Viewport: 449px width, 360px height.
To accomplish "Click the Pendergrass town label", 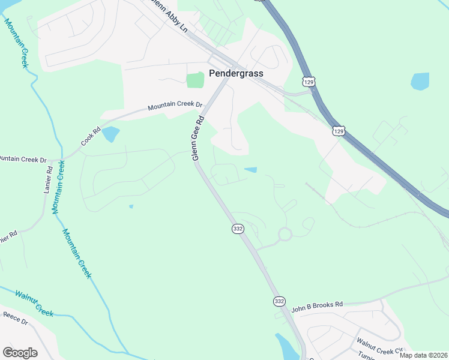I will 236,73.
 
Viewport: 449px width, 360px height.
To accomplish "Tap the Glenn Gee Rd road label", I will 197,137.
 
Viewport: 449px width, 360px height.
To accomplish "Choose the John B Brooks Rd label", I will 316,307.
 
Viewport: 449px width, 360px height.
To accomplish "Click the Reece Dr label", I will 16,317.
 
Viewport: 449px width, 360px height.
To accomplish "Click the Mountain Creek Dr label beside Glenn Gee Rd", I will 176,107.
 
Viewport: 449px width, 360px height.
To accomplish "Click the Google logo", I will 20,352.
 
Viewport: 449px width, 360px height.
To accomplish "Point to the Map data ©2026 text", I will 423,355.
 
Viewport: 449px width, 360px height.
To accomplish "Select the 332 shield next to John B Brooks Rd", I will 279,301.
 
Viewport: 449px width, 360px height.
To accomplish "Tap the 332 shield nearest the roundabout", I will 238,229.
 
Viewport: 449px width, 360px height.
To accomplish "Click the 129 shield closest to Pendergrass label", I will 308,81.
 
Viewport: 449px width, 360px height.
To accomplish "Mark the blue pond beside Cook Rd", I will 110,134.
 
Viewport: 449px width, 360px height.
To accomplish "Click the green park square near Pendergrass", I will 195,80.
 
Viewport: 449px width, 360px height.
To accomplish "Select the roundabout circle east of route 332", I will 284,234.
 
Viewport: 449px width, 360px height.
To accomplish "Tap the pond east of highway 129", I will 420,81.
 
